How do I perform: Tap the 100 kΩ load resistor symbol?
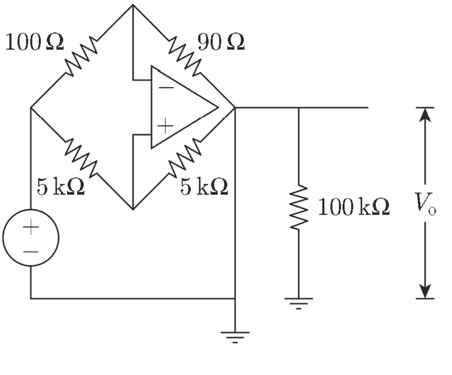point(299,207)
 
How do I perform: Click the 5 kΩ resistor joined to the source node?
point(82,158)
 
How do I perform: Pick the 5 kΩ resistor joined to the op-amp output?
point(184,158)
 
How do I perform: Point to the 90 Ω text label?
point(220,42)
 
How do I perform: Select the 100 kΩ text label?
point(354,208)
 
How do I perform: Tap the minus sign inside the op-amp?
point(165,88)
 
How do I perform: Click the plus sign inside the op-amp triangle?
point(165,126)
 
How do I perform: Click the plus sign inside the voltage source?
point(31,227)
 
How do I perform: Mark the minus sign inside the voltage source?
point(31,252)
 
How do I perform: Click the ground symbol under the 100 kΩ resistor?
point(299,302)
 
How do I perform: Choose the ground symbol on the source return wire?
point(235,336)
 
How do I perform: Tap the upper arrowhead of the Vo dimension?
point(426,113)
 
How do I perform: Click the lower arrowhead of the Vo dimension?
point(426,292)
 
